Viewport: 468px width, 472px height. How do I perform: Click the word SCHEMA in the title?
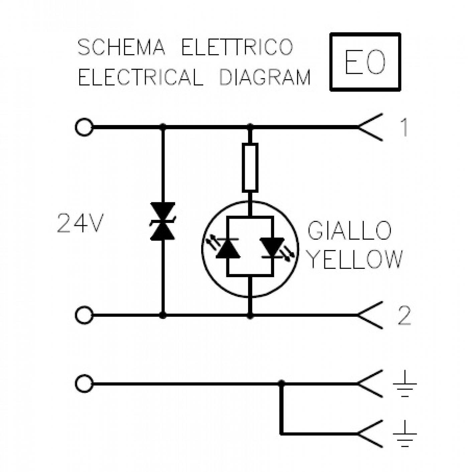(121, 47)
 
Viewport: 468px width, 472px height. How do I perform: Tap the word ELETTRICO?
(237, 47)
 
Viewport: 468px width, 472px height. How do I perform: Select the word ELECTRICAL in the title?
(141, 77)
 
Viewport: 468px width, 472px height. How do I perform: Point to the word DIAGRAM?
(265, 77)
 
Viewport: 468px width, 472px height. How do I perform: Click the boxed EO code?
(365, 62)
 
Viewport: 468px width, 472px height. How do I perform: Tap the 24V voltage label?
(80, 223)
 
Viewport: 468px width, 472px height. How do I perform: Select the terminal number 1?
(404, 127)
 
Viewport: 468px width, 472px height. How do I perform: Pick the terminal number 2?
(404, 316)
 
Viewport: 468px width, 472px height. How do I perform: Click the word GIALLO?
(349, 231)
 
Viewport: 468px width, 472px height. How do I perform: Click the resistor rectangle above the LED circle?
(250, 167)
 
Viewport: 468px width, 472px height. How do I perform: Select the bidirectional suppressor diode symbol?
(162, 221)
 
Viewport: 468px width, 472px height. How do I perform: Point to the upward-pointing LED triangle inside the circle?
(228, 248)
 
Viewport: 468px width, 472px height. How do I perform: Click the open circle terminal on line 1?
(84, 127)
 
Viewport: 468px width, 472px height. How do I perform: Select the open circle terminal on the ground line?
(84, 384)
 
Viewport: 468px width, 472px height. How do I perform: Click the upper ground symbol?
(405, 384)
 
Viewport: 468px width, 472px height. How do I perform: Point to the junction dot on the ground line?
(281, 383)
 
